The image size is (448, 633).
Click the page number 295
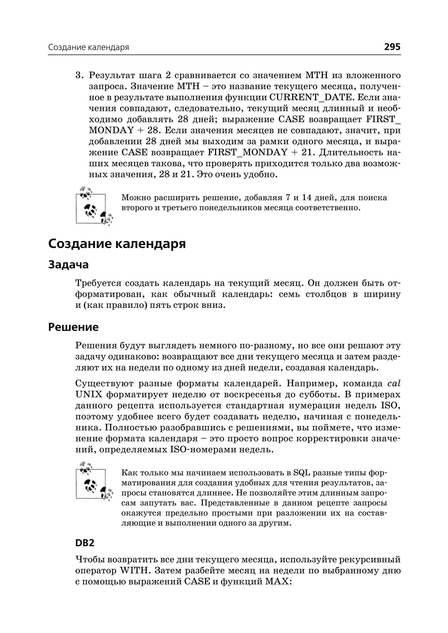click(x=392, y=47)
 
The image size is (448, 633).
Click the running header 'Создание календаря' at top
click(x=89, y=47)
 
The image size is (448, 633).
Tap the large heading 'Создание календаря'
click(x=117, y=244)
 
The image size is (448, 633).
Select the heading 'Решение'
click(x=73, y=327)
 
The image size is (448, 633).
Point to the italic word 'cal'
click(x=394, y=384)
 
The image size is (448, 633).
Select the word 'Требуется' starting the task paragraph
click(x=98, y=283)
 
